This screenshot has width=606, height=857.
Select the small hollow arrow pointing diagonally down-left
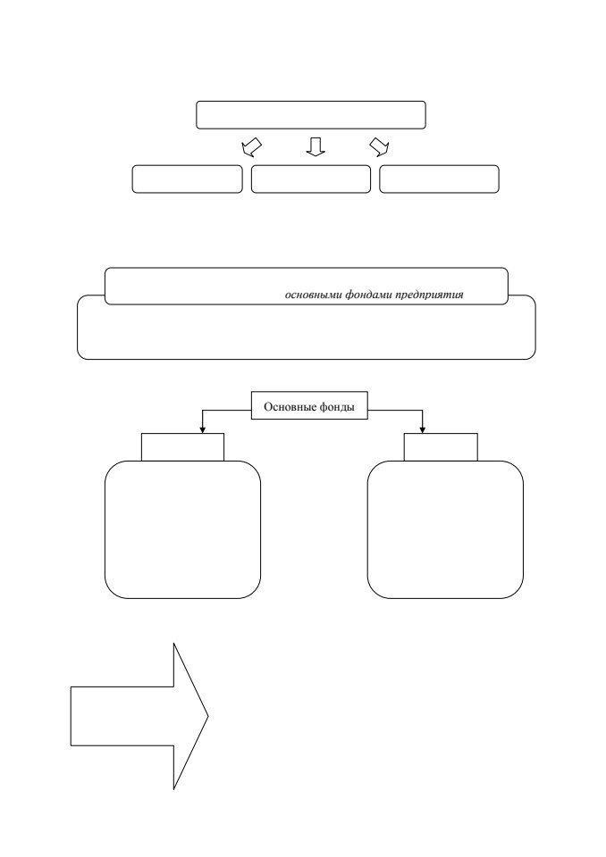(251, 146)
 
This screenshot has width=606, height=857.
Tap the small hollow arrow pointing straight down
(316, 146)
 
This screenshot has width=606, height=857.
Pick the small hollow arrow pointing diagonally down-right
(379, 146)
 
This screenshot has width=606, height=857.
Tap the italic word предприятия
(430, 295)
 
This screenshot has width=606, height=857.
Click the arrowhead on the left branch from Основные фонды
(203, 430)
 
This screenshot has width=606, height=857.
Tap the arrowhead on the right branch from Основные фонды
(422, 430)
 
